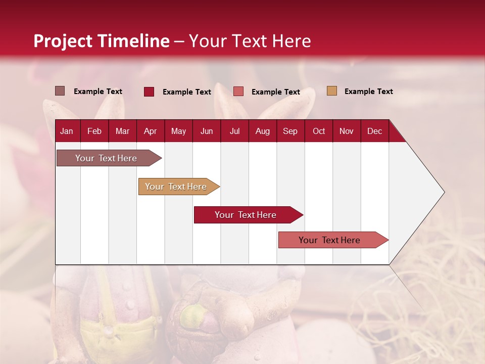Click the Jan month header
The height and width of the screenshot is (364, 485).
pos(67,131)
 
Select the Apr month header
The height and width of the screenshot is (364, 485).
pos(150,131)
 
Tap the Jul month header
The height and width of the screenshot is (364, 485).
pos(234,131)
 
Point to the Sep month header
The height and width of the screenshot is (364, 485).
pos(290,131)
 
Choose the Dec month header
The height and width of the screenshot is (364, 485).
pos(374,131)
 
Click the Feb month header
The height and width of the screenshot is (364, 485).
pos(94,131)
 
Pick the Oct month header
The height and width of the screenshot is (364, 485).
pos(319,131)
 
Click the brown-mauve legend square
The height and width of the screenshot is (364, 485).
pos(60,91)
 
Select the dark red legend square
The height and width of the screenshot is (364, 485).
pos(149,92)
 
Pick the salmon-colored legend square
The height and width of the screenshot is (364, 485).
pos(238,92)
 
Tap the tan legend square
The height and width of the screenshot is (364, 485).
pos(331,91)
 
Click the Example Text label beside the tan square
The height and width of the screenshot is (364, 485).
pos(368,92)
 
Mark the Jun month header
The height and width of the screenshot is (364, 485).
pos(206,131)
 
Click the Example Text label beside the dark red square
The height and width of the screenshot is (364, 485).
pos(186,92)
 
